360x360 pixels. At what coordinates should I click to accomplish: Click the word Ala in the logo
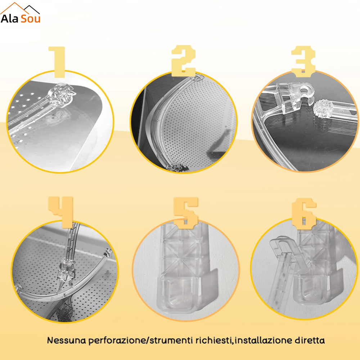pos(9,19)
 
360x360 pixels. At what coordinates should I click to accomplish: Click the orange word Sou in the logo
pos(31,19)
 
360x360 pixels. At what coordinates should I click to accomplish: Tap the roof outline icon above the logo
pos(20,8)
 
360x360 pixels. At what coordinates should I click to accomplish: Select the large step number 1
pos(57,62)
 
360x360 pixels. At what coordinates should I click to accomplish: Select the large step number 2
pos(184,60)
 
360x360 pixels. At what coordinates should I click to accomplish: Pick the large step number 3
pos(303,61)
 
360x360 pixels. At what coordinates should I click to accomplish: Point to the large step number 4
pos(61,212)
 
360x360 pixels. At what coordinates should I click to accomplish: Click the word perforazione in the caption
pos(117,341)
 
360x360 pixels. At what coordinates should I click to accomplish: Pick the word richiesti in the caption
pos(213,340)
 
